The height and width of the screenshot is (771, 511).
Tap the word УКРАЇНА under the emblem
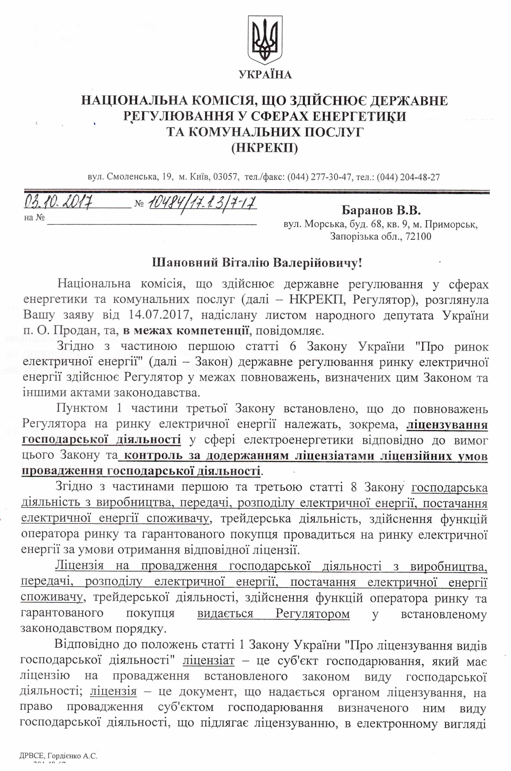pos(265,75)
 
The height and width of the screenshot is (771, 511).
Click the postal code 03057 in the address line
pos(224,177)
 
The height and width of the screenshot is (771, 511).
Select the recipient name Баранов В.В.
pos(381,211)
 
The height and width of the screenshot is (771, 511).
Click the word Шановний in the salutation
pos(185,263)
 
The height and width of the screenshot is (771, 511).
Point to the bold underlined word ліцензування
pos(447,425)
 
